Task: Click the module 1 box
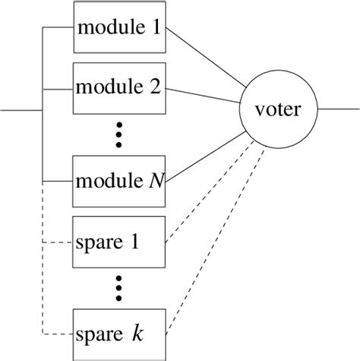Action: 119,29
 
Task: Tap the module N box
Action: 119,181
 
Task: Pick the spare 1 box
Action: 119,242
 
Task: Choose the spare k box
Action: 119,334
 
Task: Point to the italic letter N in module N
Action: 155,182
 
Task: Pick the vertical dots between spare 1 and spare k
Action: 119,287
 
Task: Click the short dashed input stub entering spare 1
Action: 58,242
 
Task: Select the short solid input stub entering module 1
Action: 58,29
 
